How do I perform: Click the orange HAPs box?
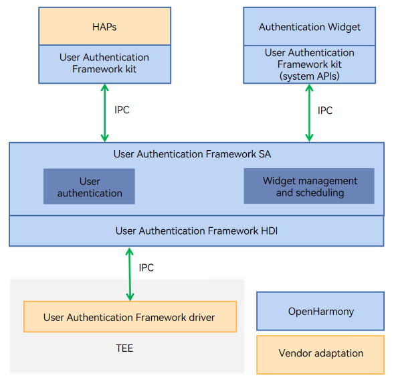point(104,26)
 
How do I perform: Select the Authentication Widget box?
point(309,26)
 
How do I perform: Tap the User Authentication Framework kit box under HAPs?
point(104,64)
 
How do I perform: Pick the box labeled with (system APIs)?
point(309,64)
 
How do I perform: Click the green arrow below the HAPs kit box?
point(104,113)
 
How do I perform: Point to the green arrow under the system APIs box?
point(309,113)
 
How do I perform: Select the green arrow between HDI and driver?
point(130,274)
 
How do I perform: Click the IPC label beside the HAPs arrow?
point(122,110)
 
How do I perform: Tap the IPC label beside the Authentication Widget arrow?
point(325,111)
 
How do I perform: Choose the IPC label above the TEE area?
point(146,267)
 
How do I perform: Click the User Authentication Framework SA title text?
point(192,154)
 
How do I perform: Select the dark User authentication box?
point(89,186)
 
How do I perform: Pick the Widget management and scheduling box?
point(309,186)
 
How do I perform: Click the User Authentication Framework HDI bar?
point(197,231)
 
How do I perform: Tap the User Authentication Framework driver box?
point(130,317)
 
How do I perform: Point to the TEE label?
point(124,349)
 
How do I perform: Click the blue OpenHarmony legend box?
point(320,311)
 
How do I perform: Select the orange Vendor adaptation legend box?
point(320,355)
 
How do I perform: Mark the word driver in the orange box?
point(202,318)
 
